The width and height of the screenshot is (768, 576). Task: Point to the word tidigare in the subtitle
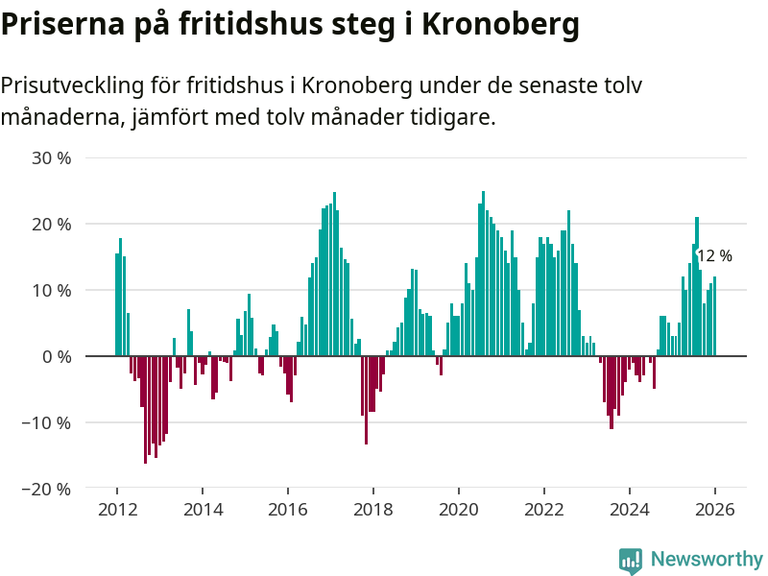click(454, 118)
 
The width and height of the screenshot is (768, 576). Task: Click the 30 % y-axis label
click(52, 157)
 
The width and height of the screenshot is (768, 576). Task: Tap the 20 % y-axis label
click(52, 224)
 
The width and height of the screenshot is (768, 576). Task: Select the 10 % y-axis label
click(52, 290)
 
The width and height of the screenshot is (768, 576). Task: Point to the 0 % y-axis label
click(57, 356)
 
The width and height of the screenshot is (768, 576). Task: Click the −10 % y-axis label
click(47, 422)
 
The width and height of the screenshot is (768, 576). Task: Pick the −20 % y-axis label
click(47, 489)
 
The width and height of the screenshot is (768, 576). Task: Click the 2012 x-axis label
click(117, 510)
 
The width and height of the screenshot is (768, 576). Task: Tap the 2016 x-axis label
click(288, 510)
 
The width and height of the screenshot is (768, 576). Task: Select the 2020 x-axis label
click(459, 510)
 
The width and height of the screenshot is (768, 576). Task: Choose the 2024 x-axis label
click(630, 510)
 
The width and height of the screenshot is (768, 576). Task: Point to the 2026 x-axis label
click(715, 510)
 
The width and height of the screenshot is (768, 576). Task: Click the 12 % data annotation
click(714, 256)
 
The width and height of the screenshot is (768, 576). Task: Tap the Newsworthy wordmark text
click(707, 559)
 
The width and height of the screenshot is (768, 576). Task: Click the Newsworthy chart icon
click(631, 561)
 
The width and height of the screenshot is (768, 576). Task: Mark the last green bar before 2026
click(714, 317)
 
